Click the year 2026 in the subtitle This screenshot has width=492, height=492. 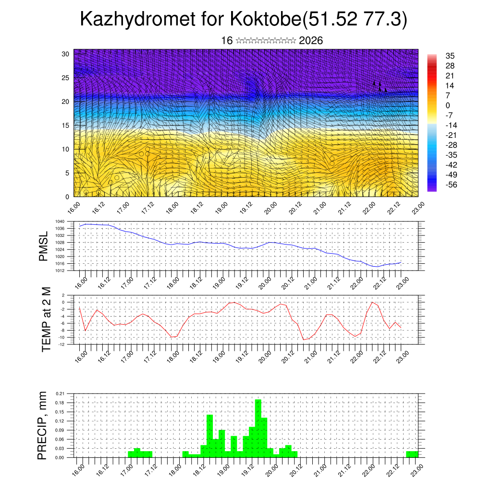pos(311,41)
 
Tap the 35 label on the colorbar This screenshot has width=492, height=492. pos(450,56)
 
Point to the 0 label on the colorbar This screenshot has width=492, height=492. pos(448,105)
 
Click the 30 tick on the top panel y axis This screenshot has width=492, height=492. pos(65,54)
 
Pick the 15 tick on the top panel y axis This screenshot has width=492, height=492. pos(65,125)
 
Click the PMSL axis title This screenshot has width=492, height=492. pos(44,246)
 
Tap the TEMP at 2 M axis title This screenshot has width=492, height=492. pos(47,319)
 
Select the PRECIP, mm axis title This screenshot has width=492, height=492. pos(43,426)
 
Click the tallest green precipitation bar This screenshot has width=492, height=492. pos(258,428)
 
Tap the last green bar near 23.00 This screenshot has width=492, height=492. pos(412,454)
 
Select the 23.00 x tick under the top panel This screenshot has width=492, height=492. pos(418,209)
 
